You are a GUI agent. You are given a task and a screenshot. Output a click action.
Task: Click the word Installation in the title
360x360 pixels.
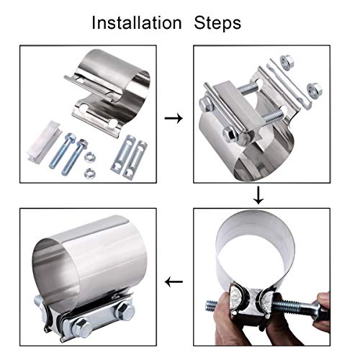pyautogui.click(x=137, y=23)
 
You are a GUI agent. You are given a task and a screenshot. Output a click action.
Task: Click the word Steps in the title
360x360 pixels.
pyautogui.click(x=217, y=24)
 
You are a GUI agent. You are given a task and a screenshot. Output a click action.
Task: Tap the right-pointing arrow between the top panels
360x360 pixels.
pyautogui.click(x=174, y=118)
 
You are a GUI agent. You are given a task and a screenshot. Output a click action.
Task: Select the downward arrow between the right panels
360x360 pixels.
pyautogui.click(x=258, y=195)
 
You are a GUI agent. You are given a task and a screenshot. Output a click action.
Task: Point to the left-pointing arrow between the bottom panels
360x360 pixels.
pyautogui.click(x=174, y=282)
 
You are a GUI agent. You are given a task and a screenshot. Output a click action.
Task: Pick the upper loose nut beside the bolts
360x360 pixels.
pyautogui.click(x=91, y=156)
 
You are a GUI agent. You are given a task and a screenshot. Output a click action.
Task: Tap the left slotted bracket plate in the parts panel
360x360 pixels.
pyautogui.click(x=123, y=153)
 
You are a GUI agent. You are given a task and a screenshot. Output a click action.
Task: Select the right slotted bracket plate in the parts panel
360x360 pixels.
pyautogui.click(x=135, y=160)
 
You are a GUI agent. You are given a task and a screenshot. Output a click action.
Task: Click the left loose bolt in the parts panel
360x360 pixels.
pyautogui.click(x=63, y=150)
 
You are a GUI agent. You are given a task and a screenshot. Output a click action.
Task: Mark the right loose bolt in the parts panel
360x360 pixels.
pyautogui.click(x=75, y=158)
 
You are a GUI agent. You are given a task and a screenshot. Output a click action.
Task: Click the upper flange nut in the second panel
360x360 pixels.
pyautogui.click(x=287, y=61)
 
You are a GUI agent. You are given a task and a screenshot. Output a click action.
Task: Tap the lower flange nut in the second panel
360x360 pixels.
pyautogui.click(x=315, y=89)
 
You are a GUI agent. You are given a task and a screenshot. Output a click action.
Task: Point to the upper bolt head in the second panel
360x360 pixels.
pyautogui.click(x=206, y=104)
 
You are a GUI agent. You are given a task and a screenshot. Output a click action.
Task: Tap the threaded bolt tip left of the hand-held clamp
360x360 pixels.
pyautogui.click(x=212, y=306)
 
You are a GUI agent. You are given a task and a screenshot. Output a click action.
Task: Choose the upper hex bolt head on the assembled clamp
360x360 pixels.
pyautogui.click(x=125, y=311)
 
